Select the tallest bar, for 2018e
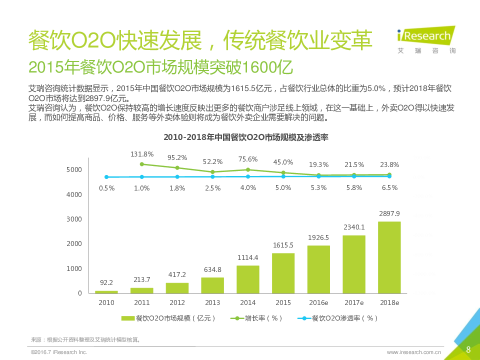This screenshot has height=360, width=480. coord(389,257)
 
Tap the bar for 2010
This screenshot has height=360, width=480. coord(106,291)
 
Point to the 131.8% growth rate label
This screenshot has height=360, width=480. coord(142,154)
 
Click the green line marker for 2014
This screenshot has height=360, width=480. coord(248,169)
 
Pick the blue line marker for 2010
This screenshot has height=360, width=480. coord(106,177)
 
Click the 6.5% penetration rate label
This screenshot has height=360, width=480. coord(389,188)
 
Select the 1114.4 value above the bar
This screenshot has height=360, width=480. coord(248,257)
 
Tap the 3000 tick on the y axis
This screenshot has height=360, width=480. coord(73,219)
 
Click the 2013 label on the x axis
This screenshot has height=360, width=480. coord(212,303)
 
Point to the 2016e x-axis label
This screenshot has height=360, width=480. coord(318,303)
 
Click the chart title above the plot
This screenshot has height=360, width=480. coord(245,137)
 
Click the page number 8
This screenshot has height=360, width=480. coord(468,349)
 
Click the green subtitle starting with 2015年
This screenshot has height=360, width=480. coord(160,67)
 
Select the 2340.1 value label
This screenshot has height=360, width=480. coord(354,227)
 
